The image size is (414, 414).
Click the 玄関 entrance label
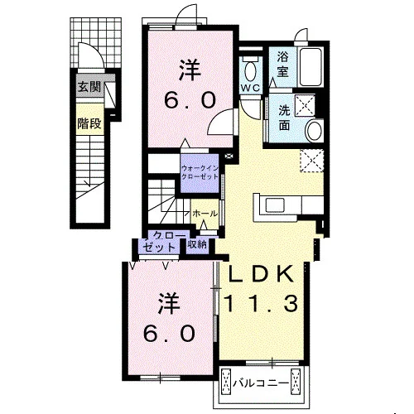[89, 87]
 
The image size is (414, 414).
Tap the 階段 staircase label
[89, 123]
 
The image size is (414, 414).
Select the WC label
[250, 88]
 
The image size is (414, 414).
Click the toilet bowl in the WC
[250, 70]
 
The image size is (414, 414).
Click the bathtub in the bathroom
[311, 67]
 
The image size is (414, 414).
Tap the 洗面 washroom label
[284, 118]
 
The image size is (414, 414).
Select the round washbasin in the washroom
[315, 130]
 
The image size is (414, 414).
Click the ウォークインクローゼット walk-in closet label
[200, 172]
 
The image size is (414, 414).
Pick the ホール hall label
[205, 214]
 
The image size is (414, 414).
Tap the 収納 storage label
[197, 244]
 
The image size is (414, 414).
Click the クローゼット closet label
[163, 242]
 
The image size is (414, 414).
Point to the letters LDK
[260, 273]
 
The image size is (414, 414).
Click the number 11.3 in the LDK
[261, 303]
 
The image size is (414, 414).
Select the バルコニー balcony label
[261, 383]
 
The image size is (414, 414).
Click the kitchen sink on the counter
[275, 205]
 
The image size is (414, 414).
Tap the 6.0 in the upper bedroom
[190, 100]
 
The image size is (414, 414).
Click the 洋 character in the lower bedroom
[169, 304]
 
